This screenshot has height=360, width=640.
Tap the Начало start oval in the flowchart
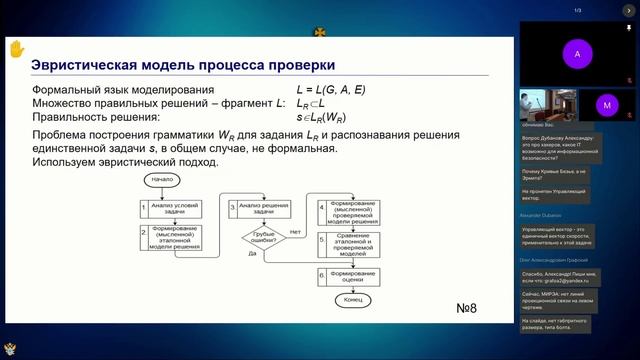point(163,180)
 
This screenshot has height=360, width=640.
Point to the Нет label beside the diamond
point(295,231)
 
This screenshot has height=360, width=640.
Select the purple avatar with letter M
point(606,103)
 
